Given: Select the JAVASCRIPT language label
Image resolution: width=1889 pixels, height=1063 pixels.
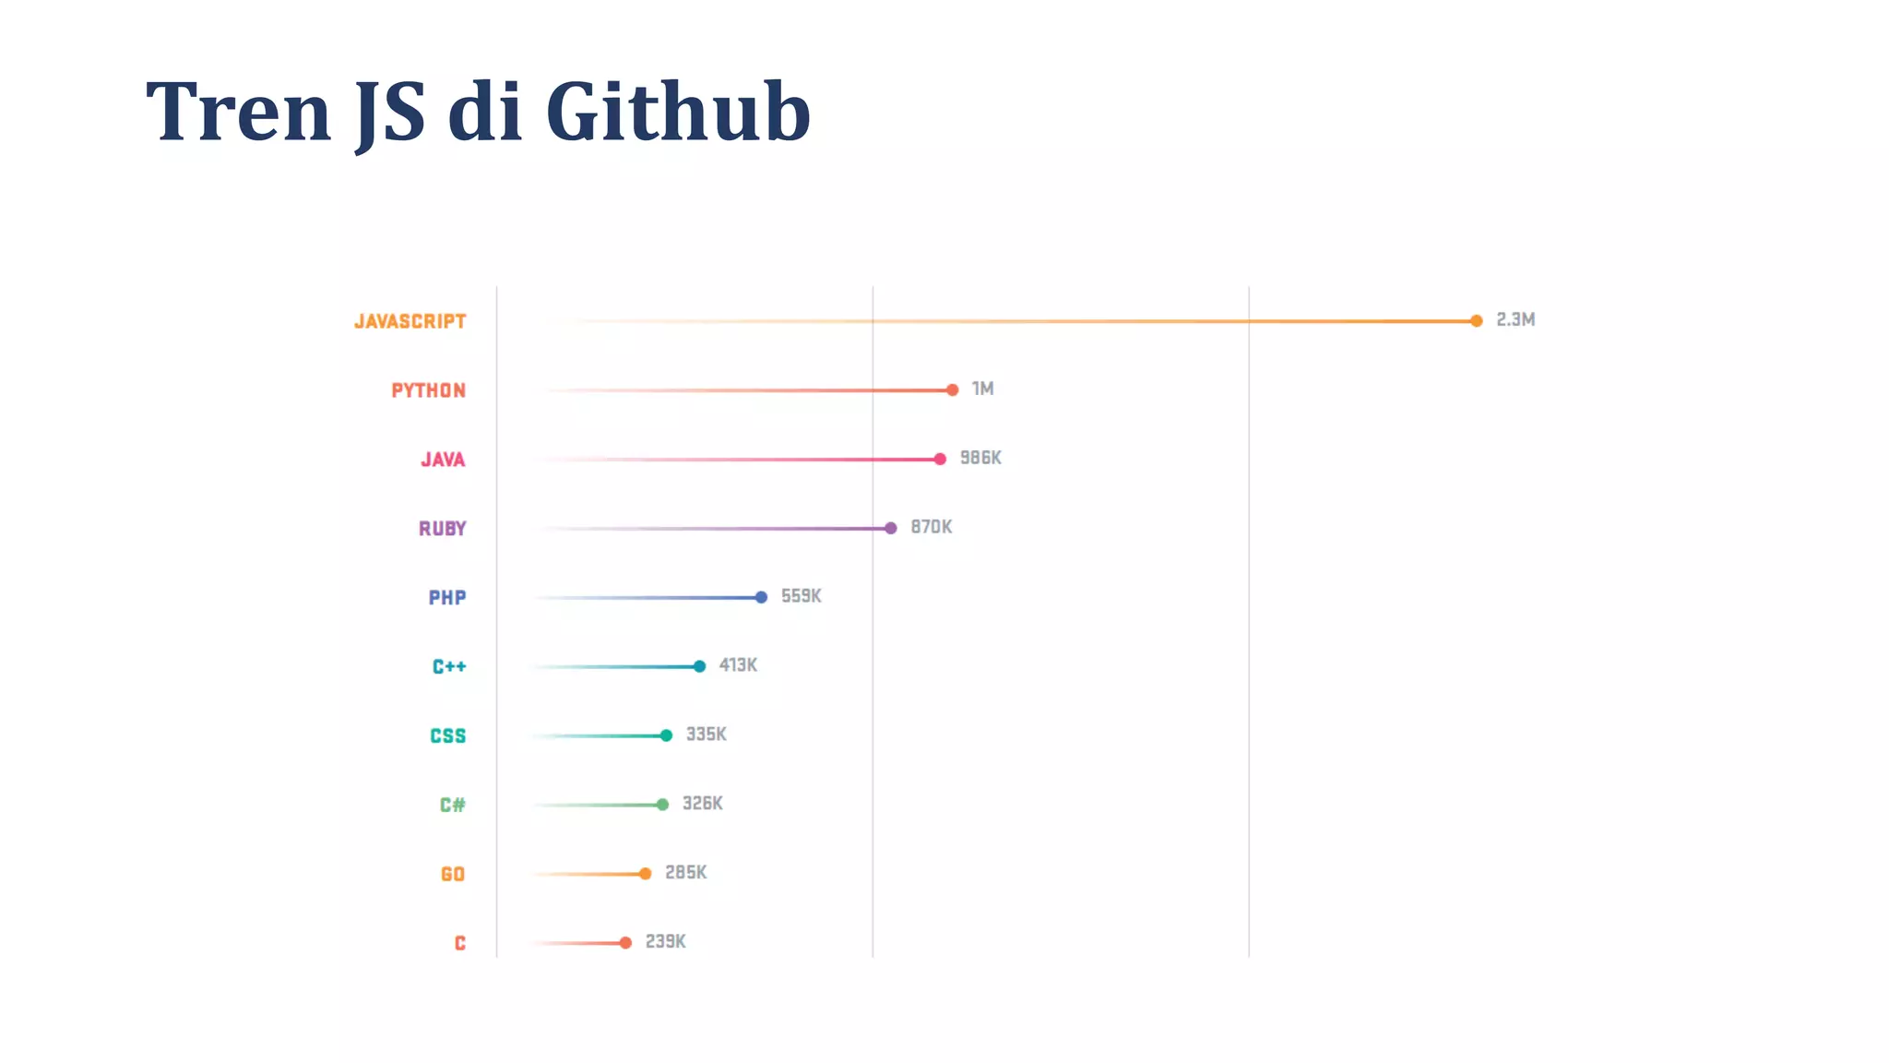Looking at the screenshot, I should click(410, 321).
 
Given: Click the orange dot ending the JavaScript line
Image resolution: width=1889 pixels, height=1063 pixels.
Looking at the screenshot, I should click(1476, 321).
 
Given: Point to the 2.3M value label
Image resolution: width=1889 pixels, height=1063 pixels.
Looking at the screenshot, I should click(1515, 320).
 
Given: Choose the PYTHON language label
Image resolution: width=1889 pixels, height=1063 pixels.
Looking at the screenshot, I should click(429, 390).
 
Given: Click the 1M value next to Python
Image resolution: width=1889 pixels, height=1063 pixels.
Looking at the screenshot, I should click(982, 389).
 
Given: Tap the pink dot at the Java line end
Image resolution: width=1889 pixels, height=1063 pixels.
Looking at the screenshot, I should click(940, 460).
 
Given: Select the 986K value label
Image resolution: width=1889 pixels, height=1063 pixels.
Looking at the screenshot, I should click(980, 458).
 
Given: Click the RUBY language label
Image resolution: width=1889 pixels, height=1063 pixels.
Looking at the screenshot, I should click(443, 529).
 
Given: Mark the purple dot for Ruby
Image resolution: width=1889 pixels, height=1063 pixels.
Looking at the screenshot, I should click(890, 529).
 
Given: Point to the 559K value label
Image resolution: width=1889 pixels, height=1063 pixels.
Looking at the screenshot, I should click(801, 596).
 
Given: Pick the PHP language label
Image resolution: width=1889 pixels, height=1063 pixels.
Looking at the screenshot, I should click(447, 598).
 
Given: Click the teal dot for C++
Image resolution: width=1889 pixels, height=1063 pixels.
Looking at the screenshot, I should click(699, 666).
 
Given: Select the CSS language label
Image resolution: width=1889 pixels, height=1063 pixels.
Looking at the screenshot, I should click(448, 736).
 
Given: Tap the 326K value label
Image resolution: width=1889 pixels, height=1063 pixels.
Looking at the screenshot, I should click(703, 804).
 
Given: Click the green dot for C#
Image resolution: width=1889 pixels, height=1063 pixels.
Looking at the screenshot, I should click(662, 805).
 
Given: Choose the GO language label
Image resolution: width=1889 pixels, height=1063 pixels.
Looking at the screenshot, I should click(453, 874).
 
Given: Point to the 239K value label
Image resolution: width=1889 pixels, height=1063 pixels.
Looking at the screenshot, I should click(665, 942).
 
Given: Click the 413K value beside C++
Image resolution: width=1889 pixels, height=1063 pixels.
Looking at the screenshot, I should click(738, 665).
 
